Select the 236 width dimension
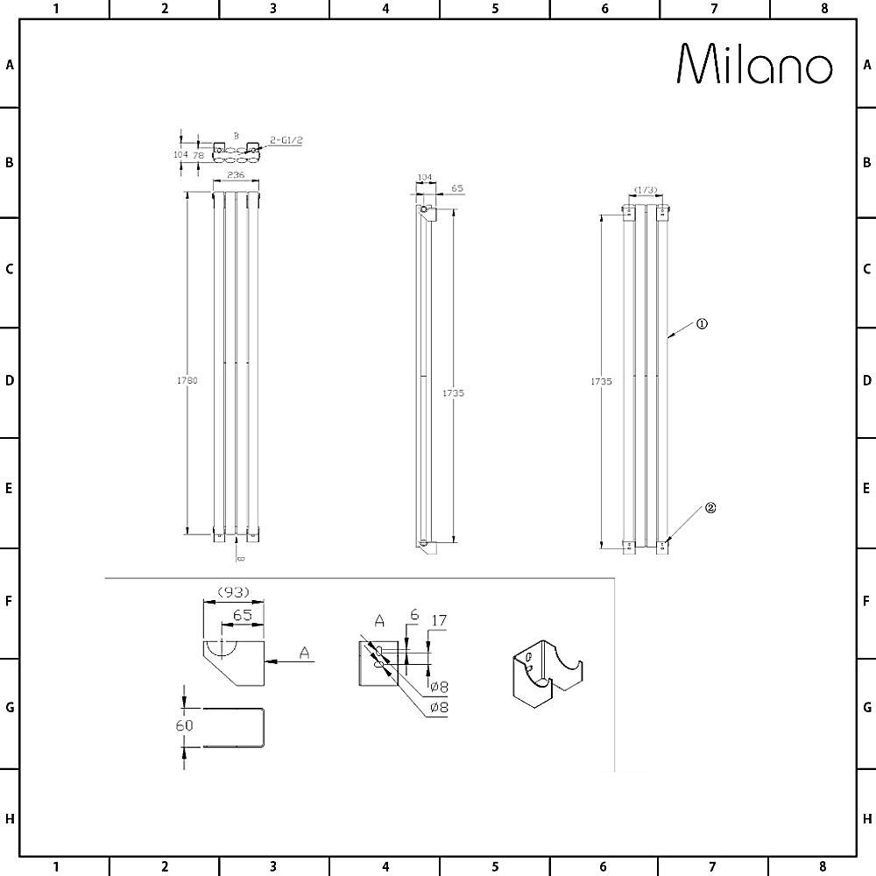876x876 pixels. [235, 175]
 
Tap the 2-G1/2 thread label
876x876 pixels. [286, 140]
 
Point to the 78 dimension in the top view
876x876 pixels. [199, 155]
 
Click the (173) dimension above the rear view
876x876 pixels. [646, 190]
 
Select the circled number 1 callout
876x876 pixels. [702, 323]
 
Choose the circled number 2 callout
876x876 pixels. [710, 507]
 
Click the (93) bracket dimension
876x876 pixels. [234, 592]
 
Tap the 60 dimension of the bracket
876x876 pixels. [184, 725]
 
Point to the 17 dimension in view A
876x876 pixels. [440, 620]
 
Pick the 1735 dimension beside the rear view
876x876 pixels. [601, 381]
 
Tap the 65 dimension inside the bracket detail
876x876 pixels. [243, 615]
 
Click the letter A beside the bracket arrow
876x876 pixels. [304, 652]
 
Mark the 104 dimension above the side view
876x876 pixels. [424, 177]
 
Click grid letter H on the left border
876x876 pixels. [10, 819]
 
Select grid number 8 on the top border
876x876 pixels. [823, 9]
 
